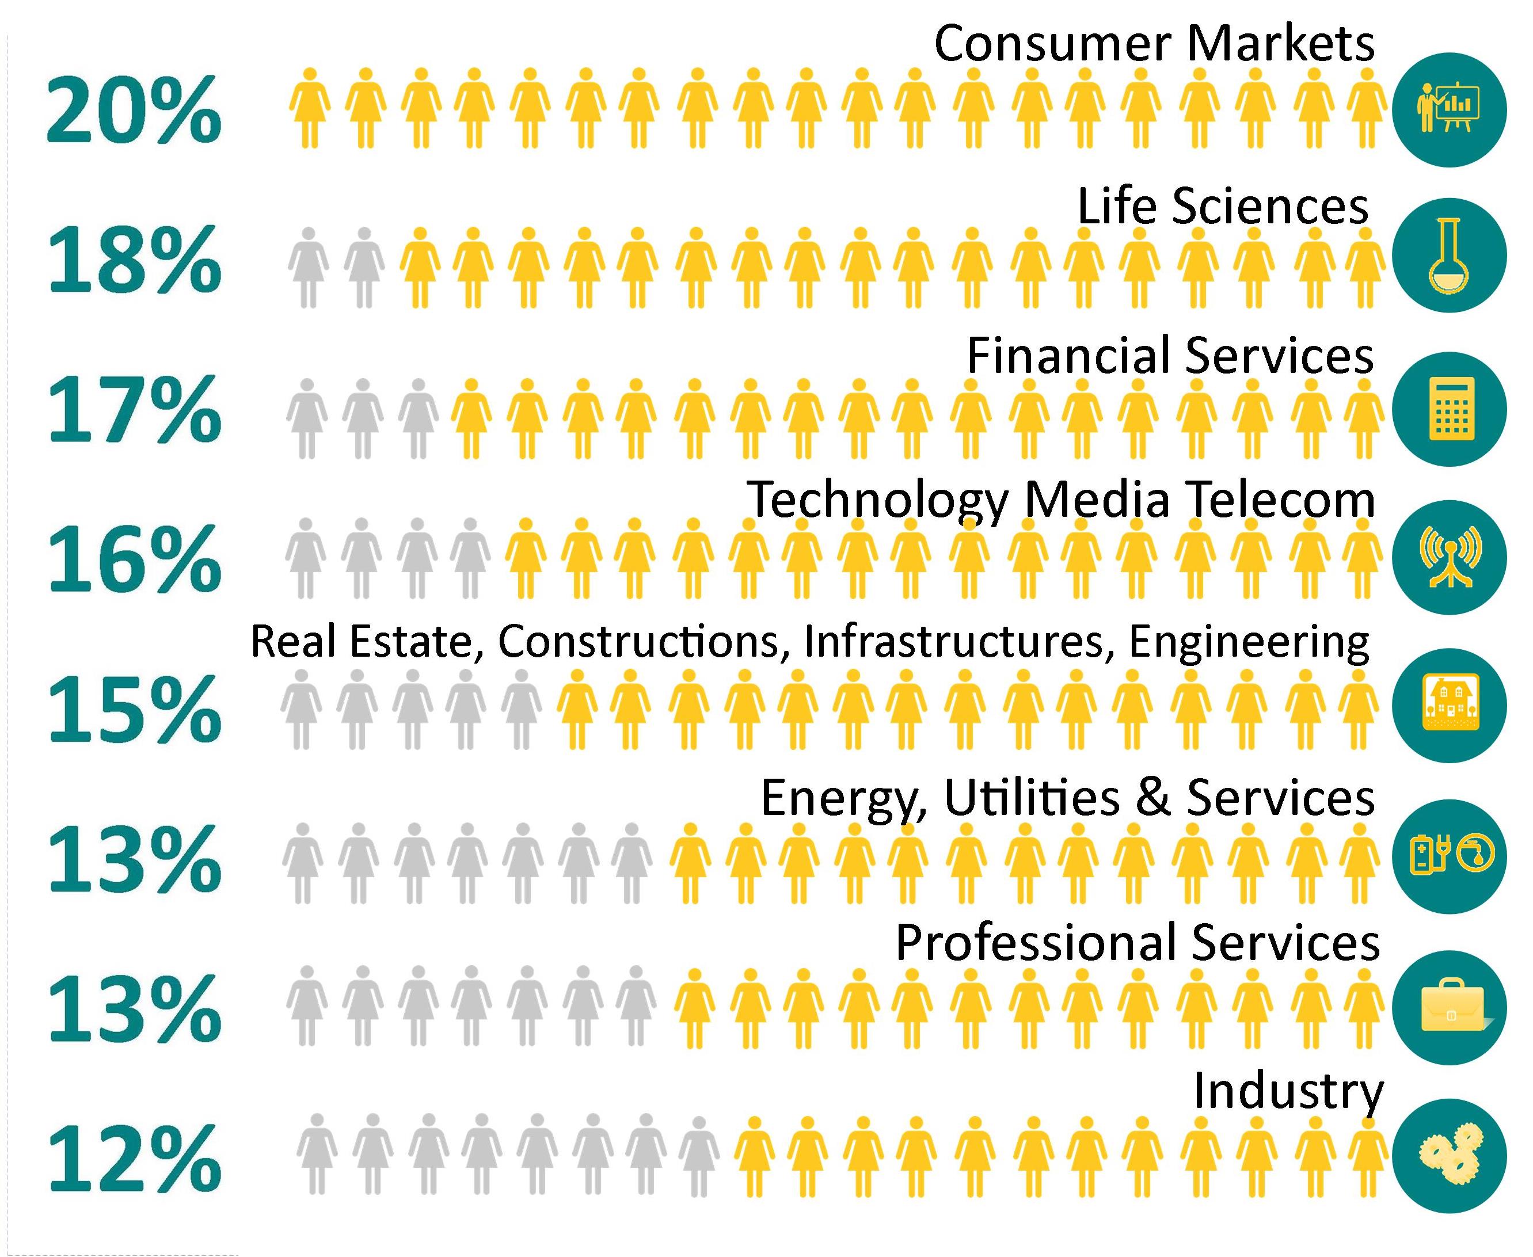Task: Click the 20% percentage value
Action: coord(135,110)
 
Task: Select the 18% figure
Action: coord(135,258)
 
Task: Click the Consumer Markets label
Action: coord(1154,43)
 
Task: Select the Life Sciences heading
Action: coord(1222,207)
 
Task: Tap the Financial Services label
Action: coord(1170,356)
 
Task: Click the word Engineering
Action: coord(1249,642)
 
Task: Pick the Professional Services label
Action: coord(1137,943)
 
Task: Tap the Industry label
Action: coord(1288,1091)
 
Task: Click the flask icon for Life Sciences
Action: coord(1449,256)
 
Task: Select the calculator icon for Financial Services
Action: coord(1449,409)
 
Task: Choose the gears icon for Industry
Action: coord(1449,1156)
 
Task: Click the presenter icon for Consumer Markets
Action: coord(1449,109)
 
